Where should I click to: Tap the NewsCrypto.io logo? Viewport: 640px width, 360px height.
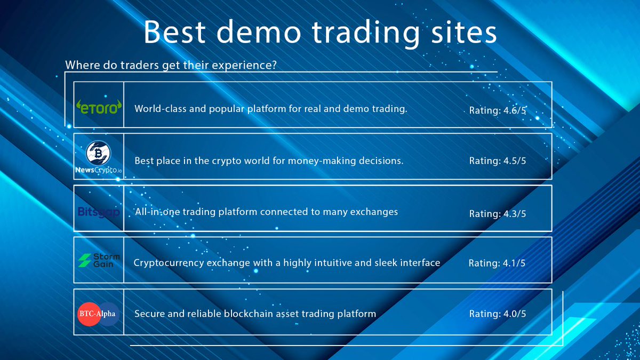tap(98, 158)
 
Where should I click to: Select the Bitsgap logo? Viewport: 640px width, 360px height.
tap(98, 212)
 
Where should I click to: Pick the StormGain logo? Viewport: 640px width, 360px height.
tap(98, 260)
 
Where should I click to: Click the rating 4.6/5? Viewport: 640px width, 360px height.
tap(498, 110)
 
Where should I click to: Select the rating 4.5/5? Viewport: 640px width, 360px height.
tap(498, 161)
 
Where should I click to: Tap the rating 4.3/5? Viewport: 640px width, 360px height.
tap(498, 213)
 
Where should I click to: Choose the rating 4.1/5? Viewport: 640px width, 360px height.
tap(497, 263)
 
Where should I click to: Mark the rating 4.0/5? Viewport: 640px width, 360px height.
tap(498, 314)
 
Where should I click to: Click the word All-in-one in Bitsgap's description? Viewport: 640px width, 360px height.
tap(157, 212)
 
